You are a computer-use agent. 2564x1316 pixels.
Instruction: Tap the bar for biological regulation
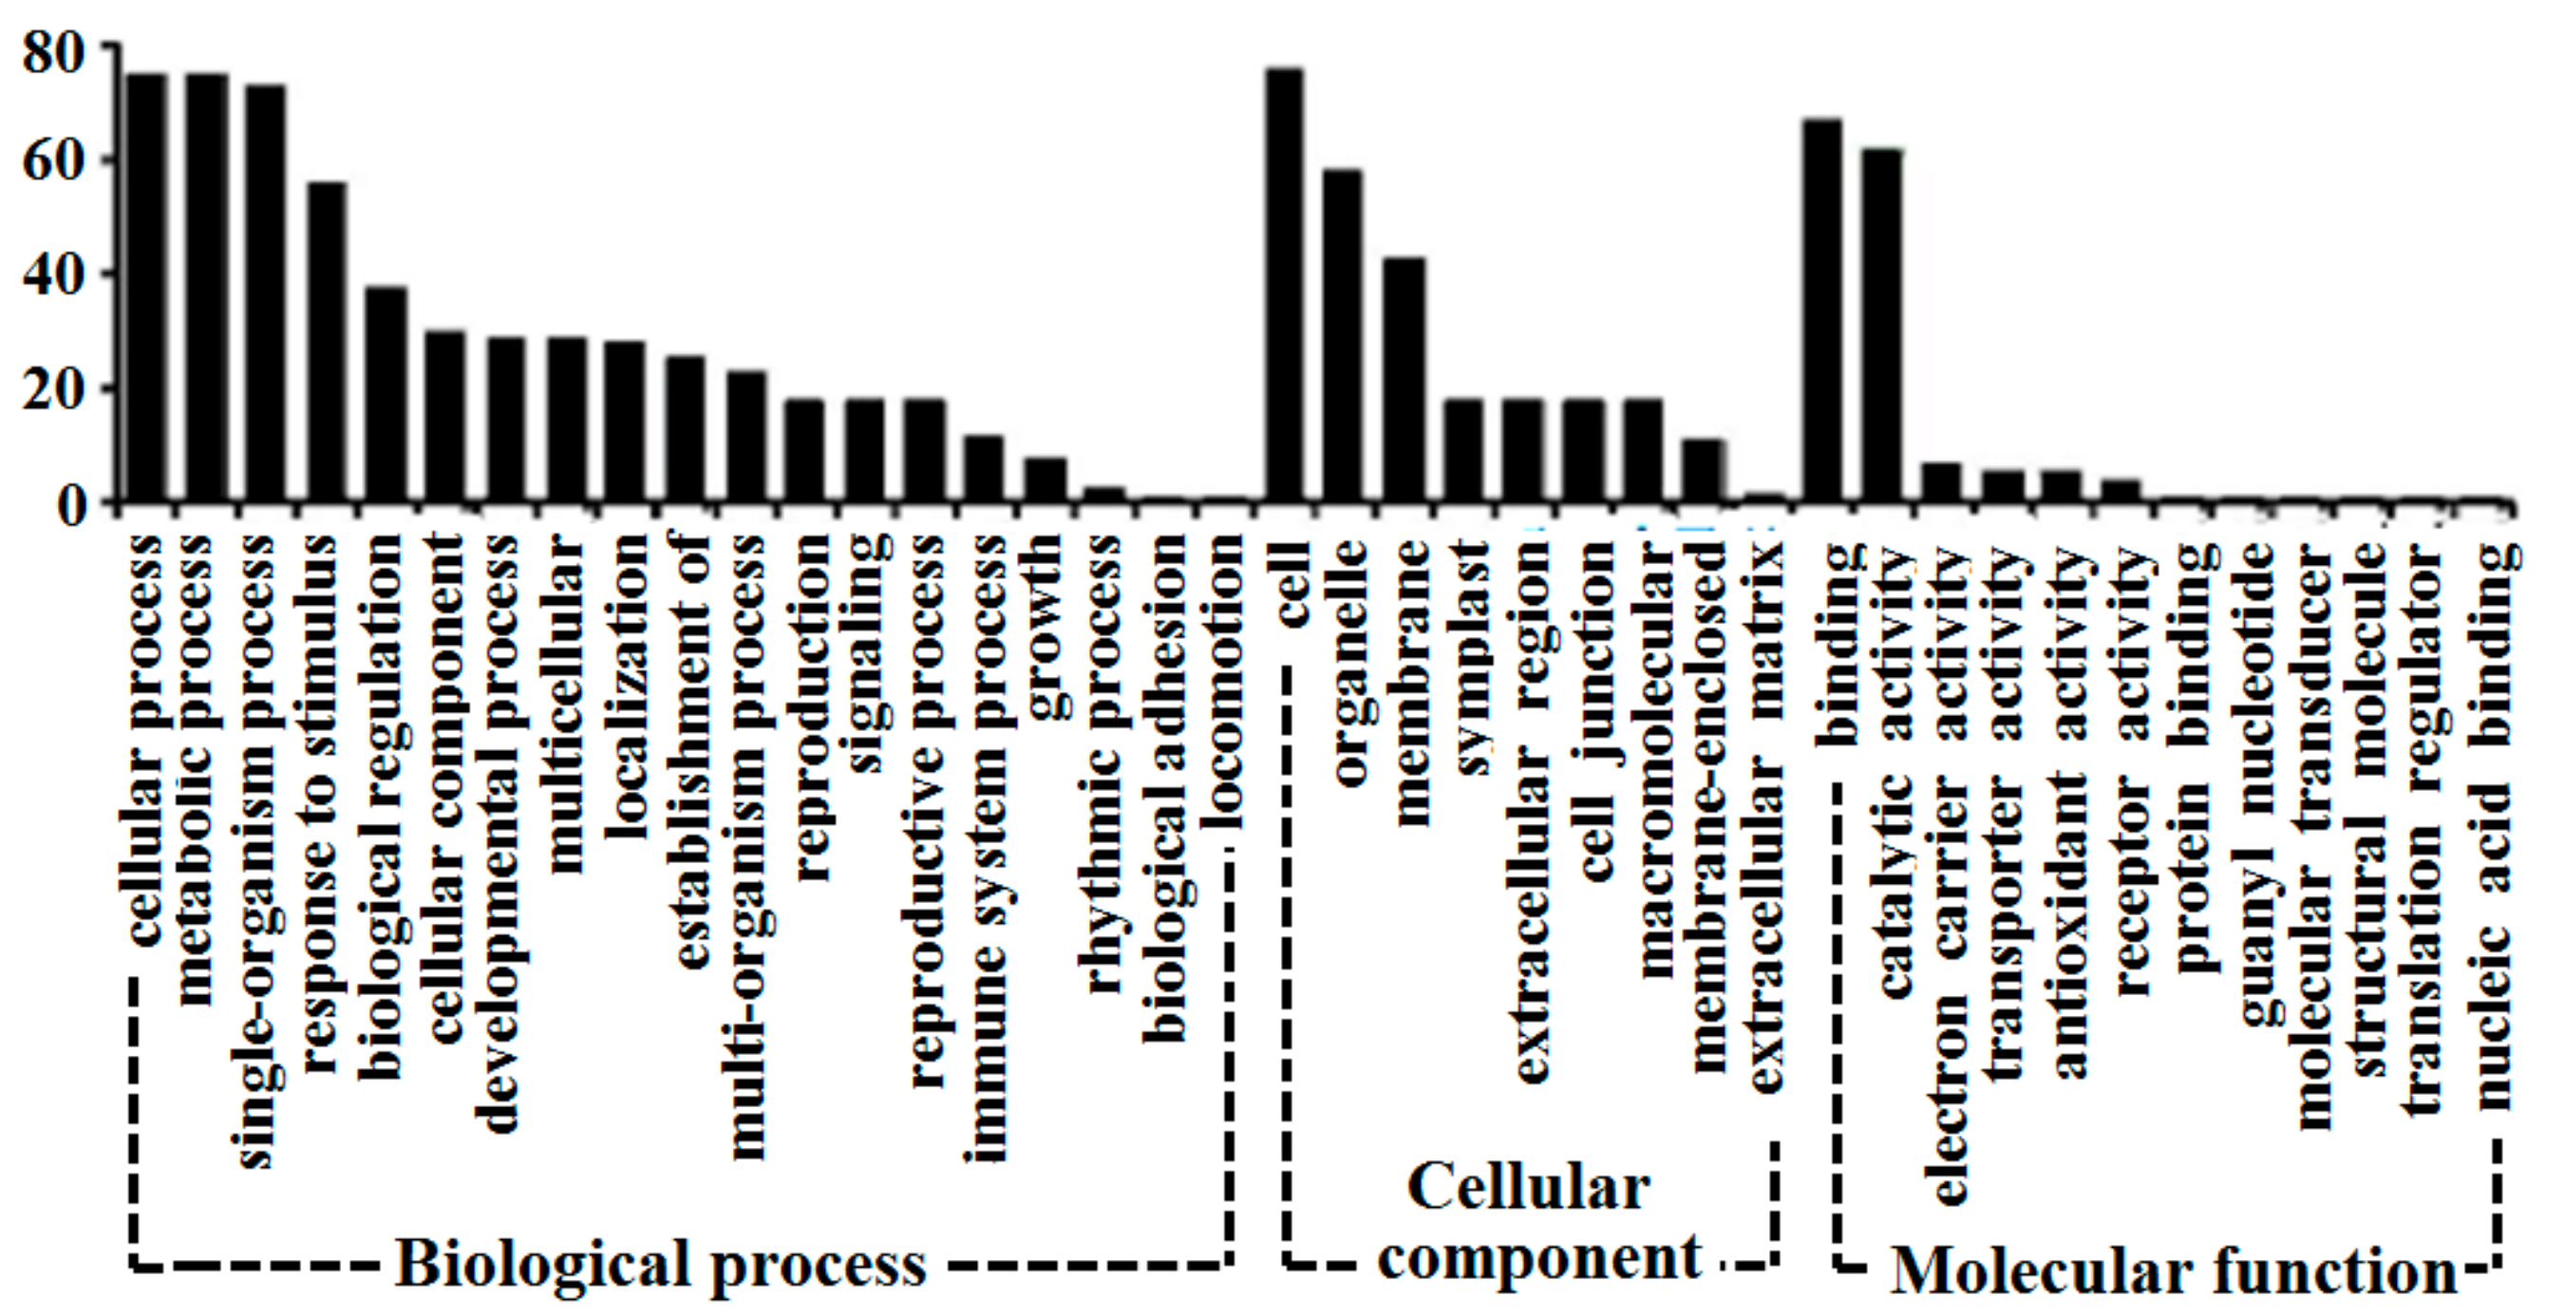[x=386, y=393]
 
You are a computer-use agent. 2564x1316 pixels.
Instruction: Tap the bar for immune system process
[x=984, y=468]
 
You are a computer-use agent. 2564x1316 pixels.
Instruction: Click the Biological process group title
[x=662, y=1264]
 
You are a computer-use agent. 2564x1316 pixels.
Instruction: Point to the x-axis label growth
[x=1046, y=627]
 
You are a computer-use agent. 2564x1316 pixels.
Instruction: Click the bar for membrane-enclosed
[x=1703, y=470]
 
